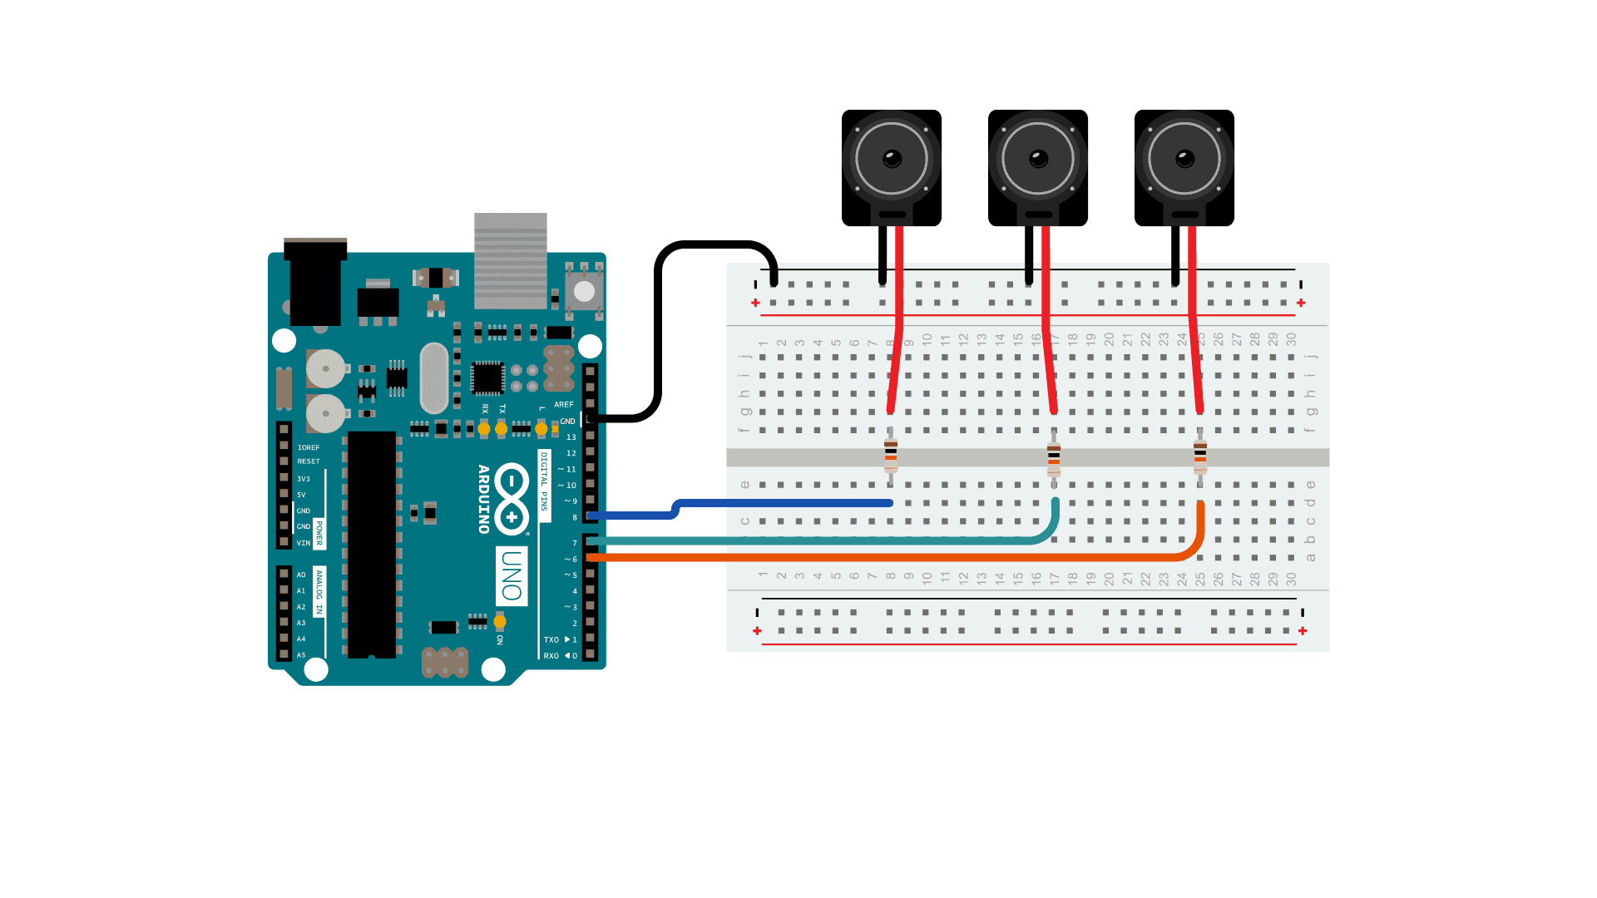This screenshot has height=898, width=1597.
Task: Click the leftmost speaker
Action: point(891,166)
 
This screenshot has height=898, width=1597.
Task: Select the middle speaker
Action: point(1037,166)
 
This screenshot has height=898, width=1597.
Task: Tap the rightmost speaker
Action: point(1184,166)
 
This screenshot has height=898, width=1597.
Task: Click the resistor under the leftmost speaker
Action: point(891,456)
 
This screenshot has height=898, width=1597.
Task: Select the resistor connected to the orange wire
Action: point(1200,456)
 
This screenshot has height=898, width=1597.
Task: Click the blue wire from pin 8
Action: point(782,503)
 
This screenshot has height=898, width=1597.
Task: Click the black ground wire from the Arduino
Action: point(658,333)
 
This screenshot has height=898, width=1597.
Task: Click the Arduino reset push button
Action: point(584,291)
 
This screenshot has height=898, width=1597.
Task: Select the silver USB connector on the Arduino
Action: point(511,259)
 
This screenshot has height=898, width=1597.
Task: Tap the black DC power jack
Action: point(315,283)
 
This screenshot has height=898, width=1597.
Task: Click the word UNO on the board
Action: point(512,575)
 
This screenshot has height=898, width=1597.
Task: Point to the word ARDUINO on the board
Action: point(483,499)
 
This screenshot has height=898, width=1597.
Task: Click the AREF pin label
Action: point(564,405)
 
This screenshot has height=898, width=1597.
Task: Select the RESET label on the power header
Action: point(309,461)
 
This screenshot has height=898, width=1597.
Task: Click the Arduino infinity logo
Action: point(512,499)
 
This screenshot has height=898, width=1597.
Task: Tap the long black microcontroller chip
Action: point(372,545)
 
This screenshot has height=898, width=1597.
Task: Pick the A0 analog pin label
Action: point(301,575)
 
